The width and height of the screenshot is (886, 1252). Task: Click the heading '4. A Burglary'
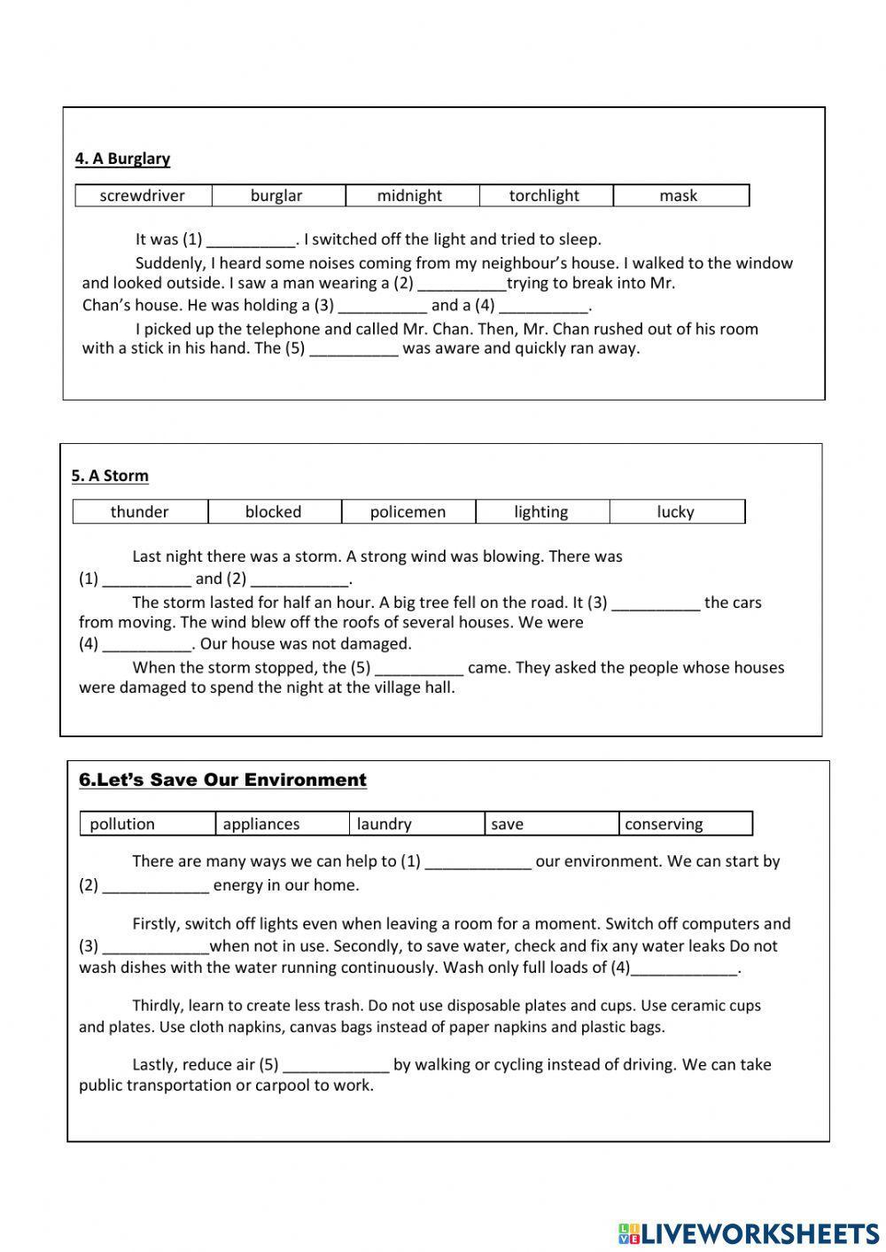[122, 159]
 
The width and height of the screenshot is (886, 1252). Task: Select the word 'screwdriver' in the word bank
[143, 196]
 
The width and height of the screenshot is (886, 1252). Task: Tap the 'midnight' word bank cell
[409, 196]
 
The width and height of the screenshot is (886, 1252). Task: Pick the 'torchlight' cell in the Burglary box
[544, 196]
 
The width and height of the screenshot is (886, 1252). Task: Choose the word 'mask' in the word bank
[679, 196]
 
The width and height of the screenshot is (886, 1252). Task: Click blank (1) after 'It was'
[251, 240]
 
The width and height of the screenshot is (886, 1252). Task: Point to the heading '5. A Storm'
[110, 476]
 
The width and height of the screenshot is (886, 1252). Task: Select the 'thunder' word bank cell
[139, 512]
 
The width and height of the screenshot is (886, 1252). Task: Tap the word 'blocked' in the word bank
[273, 512]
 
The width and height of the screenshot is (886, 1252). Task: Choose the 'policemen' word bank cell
[408, 512]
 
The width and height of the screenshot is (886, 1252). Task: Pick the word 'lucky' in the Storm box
[675, 512]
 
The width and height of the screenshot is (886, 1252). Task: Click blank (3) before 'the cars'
[656, 603]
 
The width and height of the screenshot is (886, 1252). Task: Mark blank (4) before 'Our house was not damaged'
[147, 645]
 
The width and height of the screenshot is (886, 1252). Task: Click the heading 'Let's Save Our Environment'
[222, 780]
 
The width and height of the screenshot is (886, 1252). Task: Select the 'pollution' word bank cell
[122, 824]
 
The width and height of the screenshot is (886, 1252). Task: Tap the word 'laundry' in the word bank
[384, 824]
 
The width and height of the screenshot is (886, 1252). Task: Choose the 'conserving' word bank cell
[664, 824]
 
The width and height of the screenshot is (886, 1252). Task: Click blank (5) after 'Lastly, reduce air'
[336, 1066]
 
